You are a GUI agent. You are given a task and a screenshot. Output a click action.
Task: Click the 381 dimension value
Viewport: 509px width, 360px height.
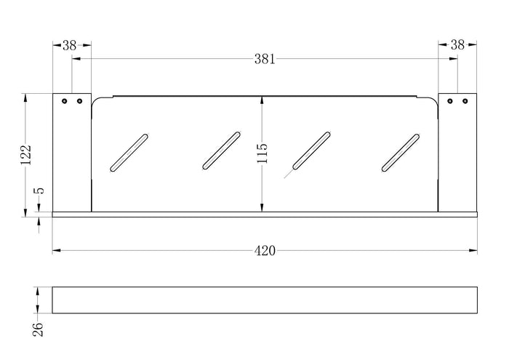pyautogui.click(x=265, y=59)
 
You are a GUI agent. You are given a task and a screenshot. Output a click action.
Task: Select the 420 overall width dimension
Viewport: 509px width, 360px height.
pyautogui.click(x=265, y=251)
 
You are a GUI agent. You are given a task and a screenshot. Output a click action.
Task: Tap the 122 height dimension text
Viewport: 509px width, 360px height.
pyautogui.click(x=26, y=155)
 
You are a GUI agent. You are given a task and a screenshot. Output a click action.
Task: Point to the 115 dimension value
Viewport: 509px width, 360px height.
pyautogui.click(x=262, y=153)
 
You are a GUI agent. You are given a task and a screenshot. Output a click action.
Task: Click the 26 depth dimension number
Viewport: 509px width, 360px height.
pyautogui.click(x=38, y=329)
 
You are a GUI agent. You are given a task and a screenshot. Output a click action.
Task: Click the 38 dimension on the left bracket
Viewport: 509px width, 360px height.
pyautogui.click(x=69, y=45)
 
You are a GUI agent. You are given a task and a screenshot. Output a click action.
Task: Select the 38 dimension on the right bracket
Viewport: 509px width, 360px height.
pyautogui.click(x=457, y=45)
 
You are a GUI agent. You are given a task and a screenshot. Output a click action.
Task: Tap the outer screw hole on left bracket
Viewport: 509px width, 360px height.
pyautogui.click(x=64, y=101)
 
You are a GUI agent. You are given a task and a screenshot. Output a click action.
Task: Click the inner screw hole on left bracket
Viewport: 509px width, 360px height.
pyautogui.click(x=79, y=101)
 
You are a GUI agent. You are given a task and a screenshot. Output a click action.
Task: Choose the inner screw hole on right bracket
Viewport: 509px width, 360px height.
pyautogui.click(x=449, y=101)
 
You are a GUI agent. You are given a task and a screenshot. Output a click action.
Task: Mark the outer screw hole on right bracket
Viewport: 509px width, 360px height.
pyautogui.click(x=465, y=101)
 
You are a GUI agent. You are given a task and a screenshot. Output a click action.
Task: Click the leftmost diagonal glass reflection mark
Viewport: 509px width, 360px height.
pyautogui.click(x=129, y=153)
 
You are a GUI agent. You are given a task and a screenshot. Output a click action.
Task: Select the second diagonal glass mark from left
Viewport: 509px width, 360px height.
pyautogui.click(x=221, y=151)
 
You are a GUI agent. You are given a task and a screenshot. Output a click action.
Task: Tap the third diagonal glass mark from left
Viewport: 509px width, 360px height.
pyautogui.click(x=312, y=151)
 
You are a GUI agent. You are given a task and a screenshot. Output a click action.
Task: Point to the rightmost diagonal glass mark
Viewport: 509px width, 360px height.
pyautogui.click(x=401, y=153)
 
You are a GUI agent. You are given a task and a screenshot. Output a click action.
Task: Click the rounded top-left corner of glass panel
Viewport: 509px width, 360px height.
pyautogui.click(x=95, y=100)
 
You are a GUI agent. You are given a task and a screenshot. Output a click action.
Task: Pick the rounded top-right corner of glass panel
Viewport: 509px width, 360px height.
pyautogui.click(x=435, y=100)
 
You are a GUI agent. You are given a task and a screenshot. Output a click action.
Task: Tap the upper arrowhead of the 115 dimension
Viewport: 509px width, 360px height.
pyautogui.click(x=262, y=100)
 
